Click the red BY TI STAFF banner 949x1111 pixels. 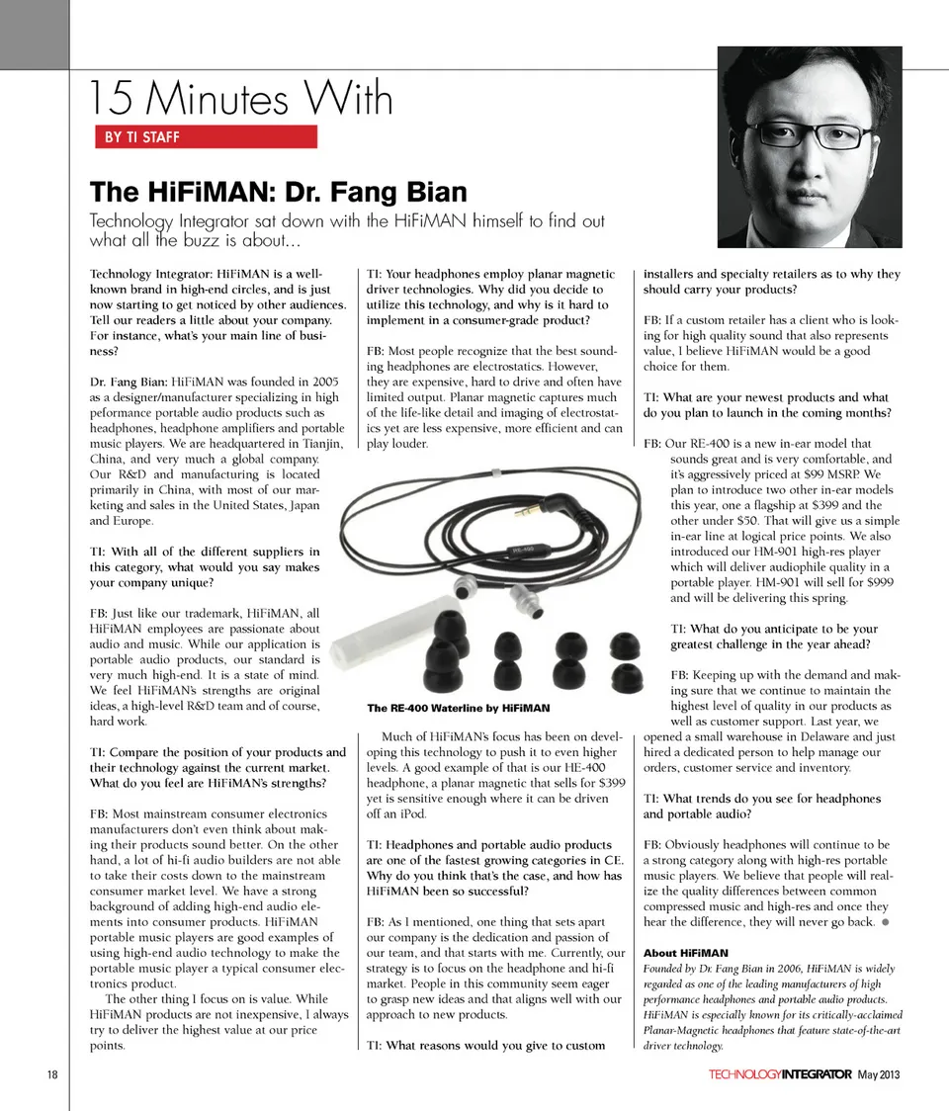click(x=205, y=136)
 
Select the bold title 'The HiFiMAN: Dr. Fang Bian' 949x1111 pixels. click(x=278, y=191)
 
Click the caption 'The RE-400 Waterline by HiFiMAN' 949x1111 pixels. click(x=458, y=708)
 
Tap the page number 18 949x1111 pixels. click(x=50, y=1074)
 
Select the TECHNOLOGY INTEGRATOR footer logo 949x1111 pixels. click(x=779, y=1074)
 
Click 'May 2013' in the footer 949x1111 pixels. click(x=878, y=1074)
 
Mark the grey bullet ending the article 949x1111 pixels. click(x=887, y=922)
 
